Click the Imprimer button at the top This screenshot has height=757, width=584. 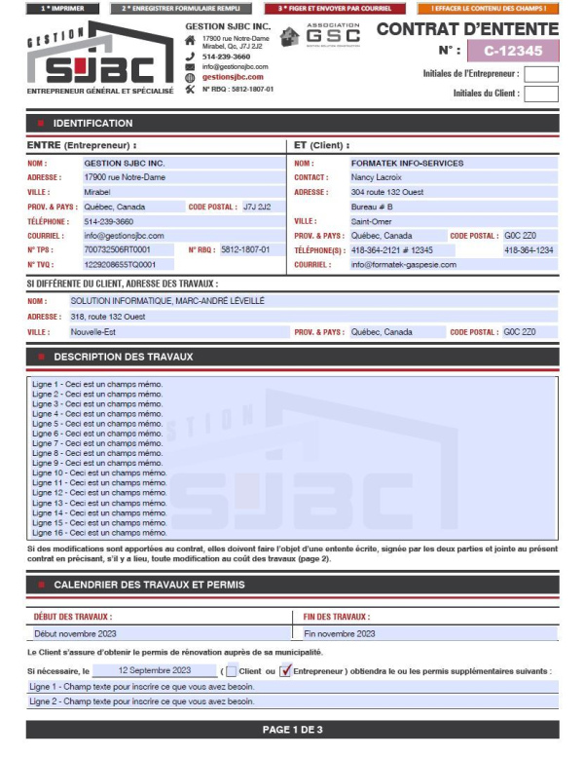62,8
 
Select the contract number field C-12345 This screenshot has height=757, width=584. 512,51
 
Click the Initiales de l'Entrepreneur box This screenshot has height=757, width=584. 541,74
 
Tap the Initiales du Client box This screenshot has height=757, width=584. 541,95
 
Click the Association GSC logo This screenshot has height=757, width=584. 320,36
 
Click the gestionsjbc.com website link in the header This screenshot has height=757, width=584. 233,77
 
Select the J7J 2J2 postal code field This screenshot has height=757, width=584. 258,207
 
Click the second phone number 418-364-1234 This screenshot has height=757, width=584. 529,250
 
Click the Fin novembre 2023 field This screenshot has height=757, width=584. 428,633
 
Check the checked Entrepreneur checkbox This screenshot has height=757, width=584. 285,671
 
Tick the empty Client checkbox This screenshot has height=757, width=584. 232,671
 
